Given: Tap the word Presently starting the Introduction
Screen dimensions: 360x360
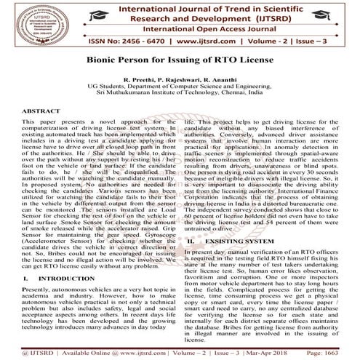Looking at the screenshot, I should [41, 269].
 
